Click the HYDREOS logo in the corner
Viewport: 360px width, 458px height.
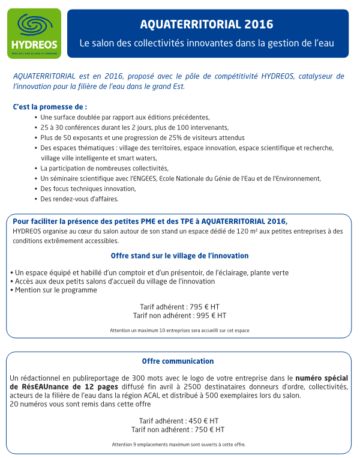point(34,33)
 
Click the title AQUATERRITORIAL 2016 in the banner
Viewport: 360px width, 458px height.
point(206,25)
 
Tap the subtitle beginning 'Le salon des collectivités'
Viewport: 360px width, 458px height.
point(206,44)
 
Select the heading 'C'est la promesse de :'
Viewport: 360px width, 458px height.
point(46,107)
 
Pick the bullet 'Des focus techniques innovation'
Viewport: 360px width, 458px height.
point(88,188)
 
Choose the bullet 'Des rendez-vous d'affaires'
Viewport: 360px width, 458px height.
point(79,199)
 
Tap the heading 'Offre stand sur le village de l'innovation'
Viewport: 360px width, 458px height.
point(179,256)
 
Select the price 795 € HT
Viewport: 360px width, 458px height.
point(205,306)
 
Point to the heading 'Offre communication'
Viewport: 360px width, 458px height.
point(178,361)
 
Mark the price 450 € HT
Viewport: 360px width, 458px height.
point(203,421)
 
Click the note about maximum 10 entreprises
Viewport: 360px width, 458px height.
point(179,330)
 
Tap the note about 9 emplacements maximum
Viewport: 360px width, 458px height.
point(178,445)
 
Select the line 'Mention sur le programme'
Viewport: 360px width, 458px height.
point(54,290)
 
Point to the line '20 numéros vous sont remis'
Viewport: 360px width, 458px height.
point(80,404)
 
